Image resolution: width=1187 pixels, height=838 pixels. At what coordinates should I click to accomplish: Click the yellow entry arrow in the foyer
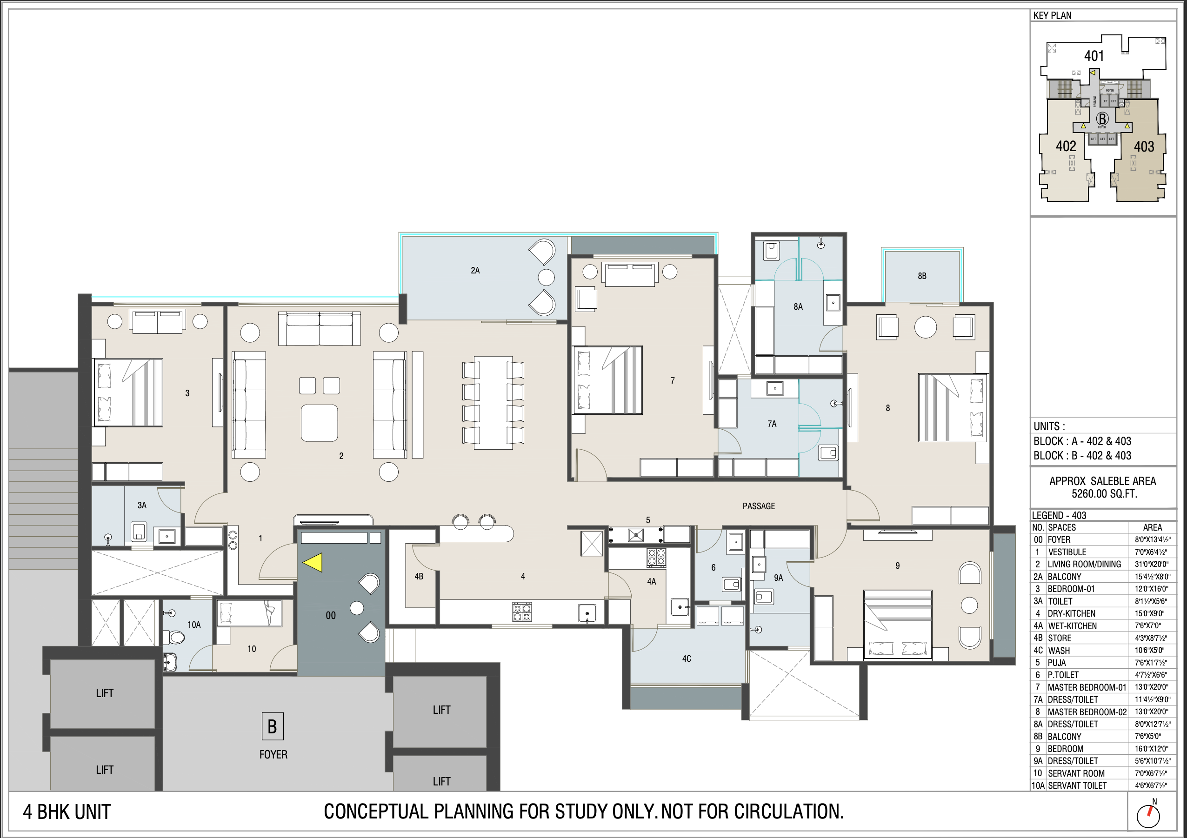click(x=314, y=562)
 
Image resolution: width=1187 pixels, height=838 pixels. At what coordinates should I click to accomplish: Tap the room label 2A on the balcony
click(x=475, y=270)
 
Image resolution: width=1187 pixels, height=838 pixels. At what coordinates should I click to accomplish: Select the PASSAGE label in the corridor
click(x=759, y=506)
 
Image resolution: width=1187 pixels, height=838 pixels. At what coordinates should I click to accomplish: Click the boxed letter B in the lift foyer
click(x=272, y=726)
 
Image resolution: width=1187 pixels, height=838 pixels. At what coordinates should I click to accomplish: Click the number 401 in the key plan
click(x=1094, y=56)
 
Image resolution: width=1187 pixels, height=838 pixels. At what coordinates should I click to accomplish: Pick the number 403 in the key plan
click(x=1144, y=147)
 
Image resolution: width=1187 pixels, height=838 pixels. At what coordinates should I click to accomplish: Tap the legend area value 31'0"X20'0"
click(x=1153, y=564)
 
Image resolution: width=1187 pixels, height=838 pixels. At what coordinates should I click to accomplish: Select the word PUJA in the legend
click(x=1057, y=663)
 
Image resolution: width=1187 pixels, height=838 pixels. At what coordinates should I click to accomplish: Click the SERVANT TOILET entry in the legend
click(x=1077, y=785)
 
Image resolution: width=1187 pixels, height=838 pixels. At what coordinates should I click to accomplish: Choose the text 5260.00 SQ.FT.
click(x=1104, y=494)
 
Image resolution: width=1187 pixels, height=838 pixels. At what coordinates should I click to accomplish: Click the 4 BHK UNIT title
click(x=67, y=812)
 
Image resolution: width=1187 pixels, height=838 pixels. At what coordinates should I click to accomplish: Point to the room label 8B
click(x=922, y=276)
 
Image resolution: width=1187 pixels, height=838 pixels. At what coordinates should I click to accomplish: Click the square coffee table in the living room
click(x=320, y=423)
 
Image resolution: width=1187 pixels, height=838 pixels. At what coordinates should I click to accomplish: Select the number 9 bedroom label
click(x=898, y=565)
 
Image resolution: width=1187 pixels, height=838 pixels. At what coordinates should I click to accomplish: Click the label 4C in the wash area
click(x=686, y=658)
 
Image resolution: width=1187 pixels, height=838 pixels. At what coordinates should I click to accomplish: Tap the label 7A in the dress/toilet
click(x=772, y=424)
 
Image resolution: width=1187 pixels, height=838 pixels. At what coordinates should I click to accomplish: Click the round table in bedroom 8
click(x=926, y=327)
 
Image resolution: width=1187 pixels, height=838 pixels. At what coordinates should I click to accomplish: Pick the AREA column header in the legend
click(x=1153, y=527)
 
